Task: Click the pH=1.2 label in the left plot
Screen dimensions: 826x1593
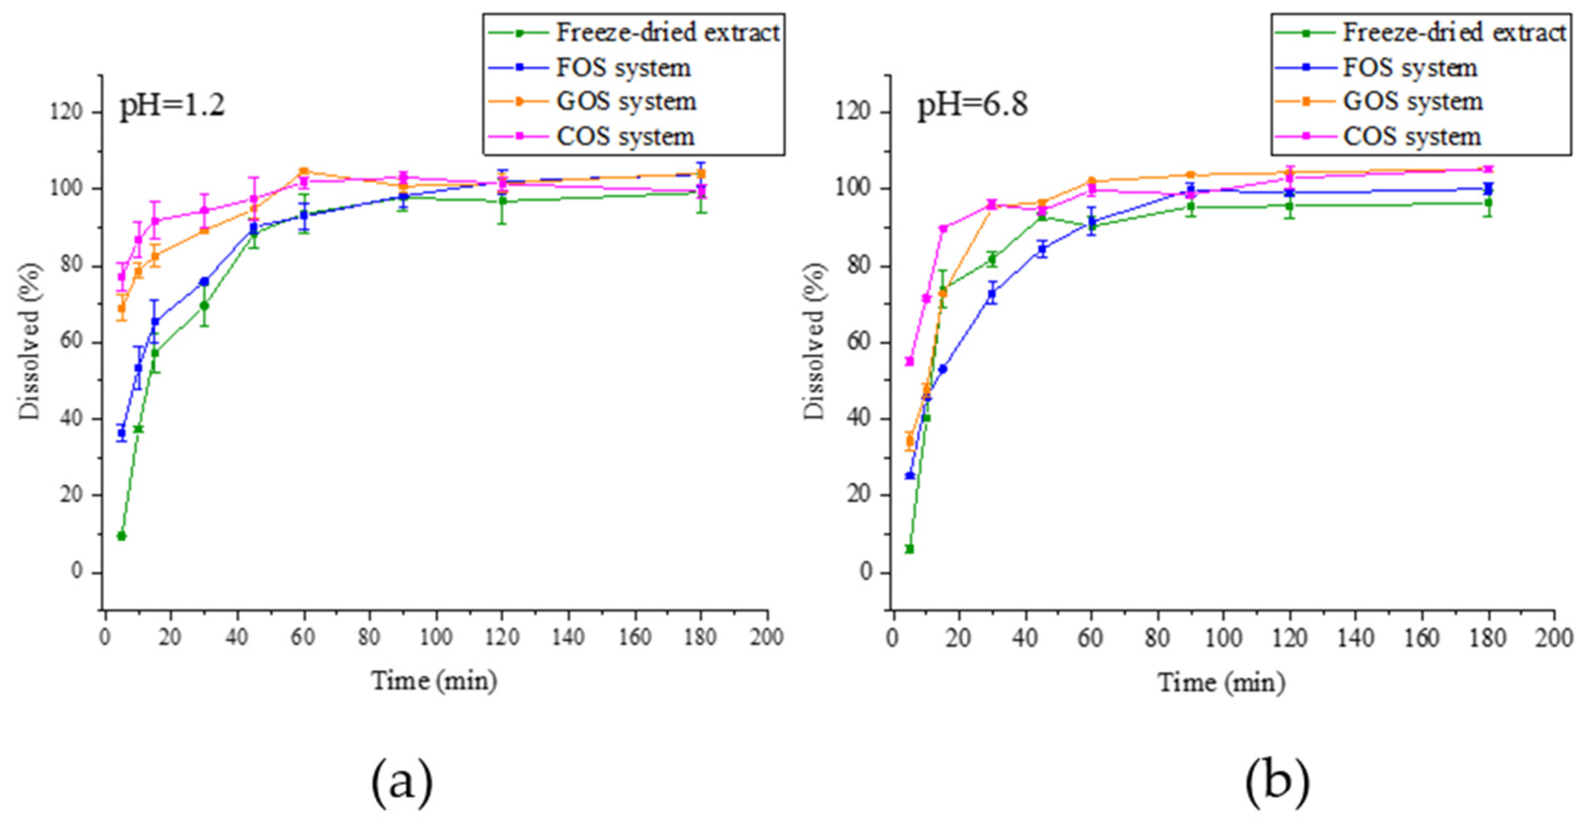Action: click(172, 105)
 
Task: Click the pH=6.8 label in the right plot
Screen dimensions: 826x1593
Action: click(972, 105)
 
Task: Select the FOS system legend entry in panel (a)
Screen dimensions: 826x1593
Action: click(623, 68)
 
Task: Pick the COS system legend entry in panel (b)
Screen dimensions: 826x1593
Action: click(1412, 137)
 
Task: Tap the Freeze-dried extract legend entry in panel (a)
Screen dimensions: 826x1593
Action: click(667, 32)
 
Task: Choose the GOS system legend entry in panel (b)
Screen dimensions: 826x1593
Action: click(1412, 101)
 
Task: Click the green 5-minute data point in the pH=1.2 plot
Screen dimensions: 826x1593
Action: click(122, 535)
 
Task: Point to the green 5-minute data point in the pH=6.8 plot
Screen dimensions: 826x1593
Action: click(910, 548)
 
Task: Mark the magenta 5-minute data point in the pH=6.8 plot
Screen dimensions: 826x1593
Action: click(910, 361)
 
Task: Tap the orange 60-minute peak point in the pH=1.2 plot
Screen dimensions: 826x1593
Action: click(304, 171)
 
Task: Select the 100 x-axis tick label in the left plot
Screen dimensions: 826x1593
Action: click(435, 637)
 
